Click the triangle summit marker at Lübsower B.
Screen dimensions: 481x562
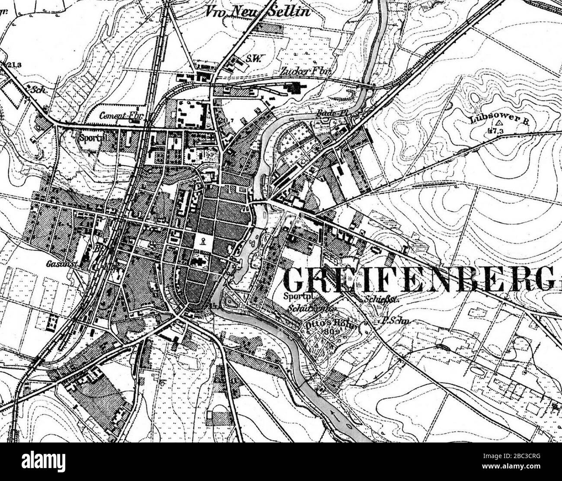pos(499,123)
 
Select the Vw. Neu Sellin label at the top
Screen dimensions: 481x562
pos(264,11)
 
